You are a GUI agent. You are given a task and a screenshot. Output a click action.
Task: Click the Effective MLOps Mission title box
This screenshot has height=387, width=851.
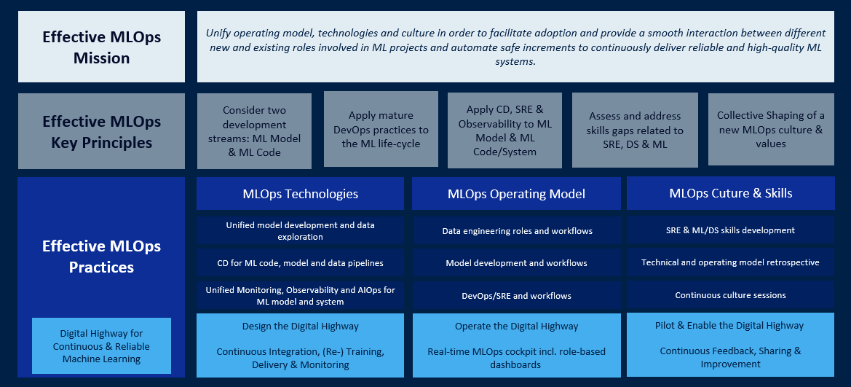pos(101,47)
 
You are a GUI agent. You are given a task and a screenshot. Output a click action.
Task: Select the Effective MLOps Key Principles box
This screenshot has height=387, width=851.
pos(101,131)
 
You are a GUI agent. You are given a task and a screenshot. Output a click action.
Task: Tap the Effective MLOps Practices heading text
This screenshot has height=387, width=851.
pos(101,257)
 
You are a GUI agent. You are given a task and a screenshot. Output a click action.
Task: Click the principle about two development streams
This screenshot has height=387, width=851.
pos(254,131)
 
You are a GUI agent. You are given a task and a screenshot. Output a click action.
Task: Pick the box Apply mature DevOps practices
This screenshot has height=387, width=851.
pos(381,129)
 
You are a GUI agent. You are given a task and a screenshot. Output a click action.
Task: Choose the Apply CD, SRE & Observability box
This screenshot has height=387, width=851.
pos(504,130)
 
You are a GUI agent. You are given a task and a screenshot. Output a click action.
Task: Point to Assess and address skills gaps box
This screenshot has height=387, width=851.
pos(635,130)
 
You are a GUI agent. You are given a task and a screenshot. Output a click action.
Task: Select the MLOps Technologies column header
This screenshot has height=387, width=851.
pos(300,194)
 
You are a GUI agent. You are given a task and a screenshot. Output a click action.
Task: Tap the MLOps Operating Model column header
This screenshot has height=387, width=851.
pos(516,194)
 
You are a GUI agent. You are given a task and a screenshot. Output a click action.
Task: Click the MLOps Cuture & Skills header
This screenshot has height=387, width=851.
pos(730,193)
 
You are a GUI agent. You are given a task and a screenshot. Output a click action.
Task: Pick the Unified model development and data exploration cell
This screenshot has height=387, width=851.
pos(300,230)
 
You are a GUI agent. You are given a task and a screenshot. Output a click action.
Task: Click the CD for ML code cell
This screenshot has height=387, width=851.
pos(300,263)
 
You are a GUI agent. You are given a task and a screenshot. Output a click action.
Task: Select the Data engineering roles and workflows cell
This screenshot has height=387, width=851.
pos(517,231)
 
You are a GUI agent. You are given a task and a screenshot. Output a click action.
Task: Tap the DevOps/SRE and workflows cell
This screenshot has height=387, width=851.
pos(517,296)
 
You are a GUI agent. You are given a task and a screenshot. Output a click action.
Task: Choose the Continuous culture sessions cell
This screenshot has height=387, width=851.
pos(730,295)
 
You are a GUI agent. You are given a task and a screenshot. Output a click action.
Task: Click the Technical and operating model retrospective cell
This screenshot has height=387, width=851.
pos(730,262)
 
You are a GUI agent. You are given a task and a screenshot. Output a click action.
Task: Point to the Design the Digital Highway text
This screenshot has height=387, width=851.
pos(300,326)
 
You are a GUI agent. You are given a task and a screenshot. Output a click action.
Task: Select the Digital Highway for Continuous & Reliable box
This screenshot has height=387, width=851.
pos(101,345)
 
